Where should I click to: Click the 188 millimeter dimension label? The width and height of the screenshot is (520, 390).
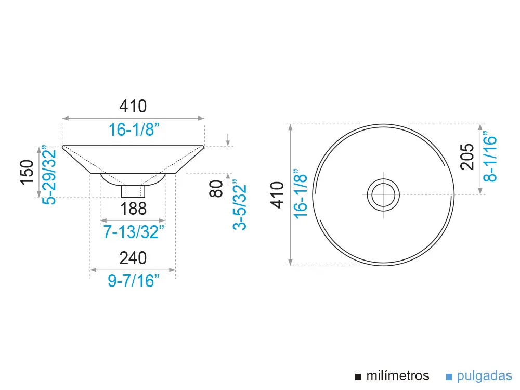tap(133, 209)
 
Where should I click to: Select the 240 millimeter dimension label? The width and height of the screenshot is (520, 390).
tap(133, 258)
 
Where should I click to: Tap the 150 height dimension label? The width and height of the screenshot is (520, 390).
tap(27, 172)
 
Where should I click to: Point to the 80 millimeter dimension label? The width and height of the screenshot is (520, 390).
tap(216, 188)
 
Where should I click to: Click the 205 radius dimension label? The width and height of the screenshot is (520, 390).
tap(467, 157)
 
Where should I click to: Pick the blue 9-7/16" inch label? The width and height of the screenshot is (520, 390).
tap(133, 281)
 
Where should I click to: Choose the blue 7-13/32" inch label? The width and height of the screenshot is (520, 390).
tap(134, 232)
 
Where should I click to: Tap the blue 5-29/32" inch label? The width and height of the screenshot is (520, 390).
tap(49, 175)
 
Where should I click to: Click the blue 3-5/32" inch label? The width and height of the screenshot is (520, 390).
tap(239, 205)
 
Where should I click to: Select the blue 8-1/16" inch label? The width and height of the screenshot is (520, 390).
tap(490, 157)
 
